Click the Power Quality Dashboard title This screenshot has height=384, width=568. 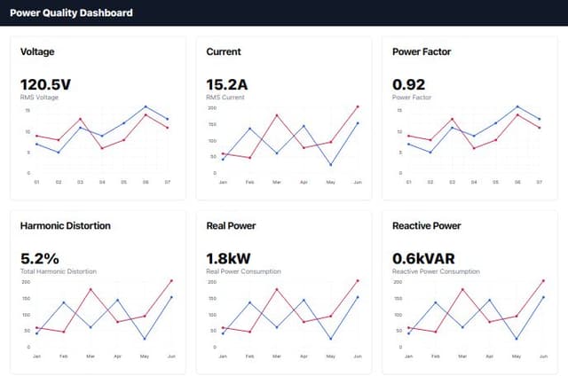[71, 12]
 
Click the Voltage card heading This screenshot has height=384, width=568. [38, 51]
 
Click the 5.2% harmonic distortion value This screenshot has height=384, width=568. [39, 258]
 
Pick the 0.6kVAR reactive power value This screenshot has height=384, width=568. [425, 258]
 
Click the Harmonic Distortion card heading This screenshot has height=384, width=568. [66, 225]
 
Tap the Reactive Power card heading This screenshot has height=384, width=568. [427, 225]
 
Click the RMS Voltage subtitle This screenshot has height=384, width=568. [39, 97]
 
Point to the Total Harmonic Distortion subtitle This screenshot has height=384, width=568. [58, 270]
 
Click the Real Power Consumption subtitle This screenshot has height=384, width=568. [243, 270]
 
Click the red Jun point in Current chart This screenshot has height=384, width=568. [357, 106]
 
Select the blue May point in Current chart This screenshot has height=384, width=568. [330, 164]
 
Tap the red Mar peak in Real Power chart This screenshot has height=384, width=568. [277, 289]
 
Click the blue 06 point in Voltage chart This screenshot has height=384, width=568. [146, 106]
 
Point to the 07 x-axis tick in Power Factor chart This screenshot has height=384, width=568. [540, 182]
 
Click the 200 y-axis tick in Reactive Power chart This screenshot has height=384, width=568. [397, 281]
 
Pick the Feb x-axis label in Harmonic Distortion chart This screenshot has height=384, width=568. [63, 356]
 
